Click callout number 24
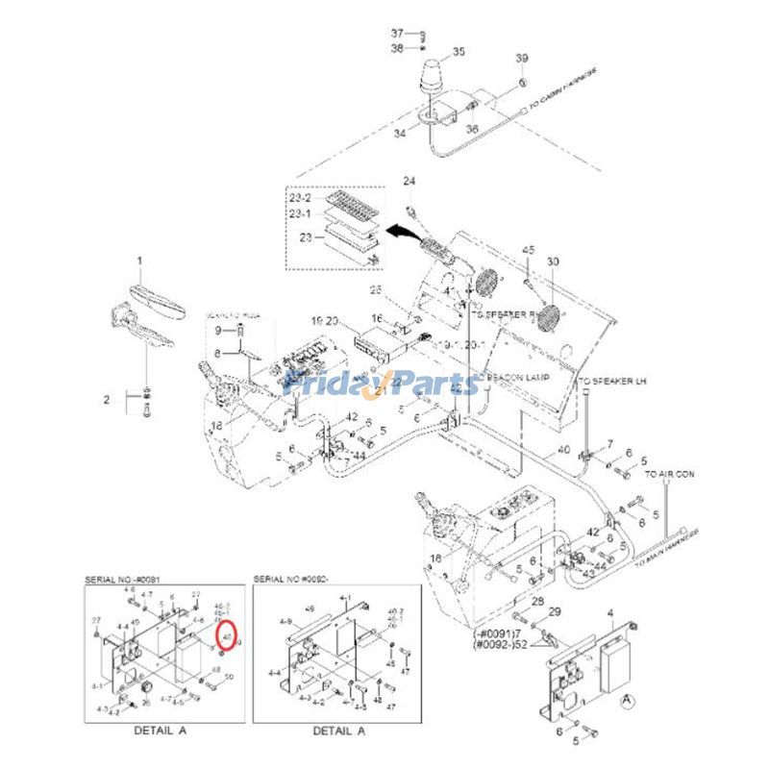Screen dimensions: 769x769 coord(409,181)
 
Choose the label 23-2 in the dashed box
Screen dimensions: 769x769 coord(301,198)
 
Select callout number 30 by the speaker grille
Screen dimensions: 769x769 coord(552,262)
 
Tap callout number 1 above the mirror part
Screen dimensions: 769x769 coord(138,260)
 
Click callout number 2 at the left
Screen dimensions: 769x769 coord(108,397)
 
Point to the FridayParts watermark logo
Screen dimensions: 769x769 coord(385,384)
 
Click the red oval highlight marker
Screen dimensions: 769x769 coord(227,635)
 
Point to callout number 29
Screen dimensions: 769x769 coord(554,612)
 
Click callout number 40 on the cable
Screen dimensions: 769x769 coord(562,449)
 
